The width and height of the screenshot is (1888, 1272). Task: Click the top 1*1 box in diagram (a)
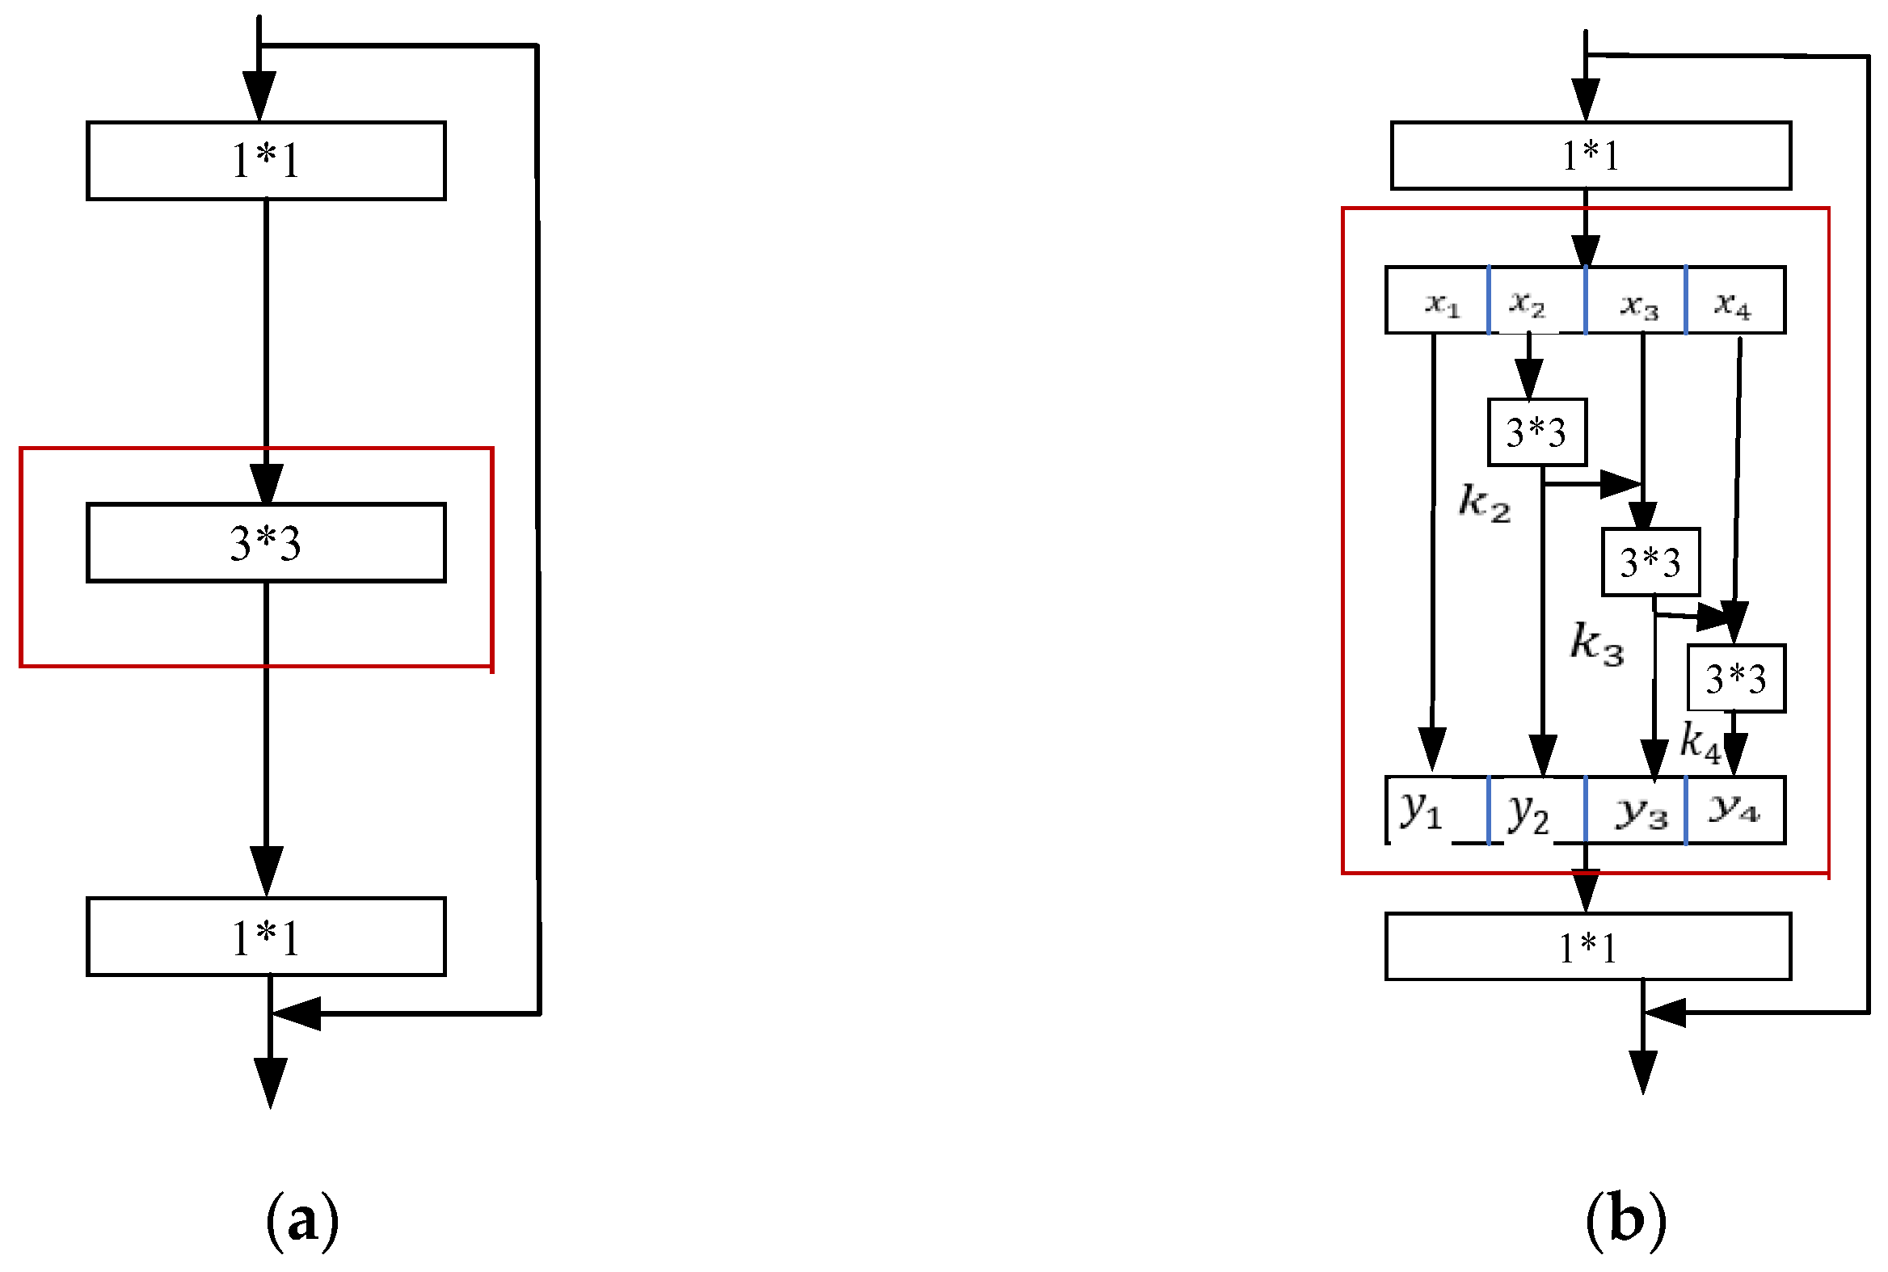point(266,161)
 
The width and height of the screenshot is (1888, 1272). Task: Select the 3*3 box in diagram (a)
point(266,542)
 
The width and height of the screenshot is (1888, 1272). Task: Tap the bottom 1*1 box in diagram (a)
point(266,937)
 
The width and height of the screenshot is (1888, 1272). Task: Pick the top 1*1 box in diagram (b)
point(1591,155)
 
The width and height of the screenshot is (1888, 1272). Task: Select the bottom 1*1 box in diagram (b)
point(1588,946)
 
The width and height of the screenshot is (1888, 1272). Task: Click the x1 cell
point(1439,301)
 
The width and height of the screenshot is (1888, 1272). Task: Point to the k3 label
point(1596,643)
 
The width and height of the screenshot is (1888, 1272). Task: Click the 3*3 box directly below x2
point(1536,432)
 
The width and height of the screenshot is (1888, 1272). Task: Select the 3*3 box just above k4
point(1735,679)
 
